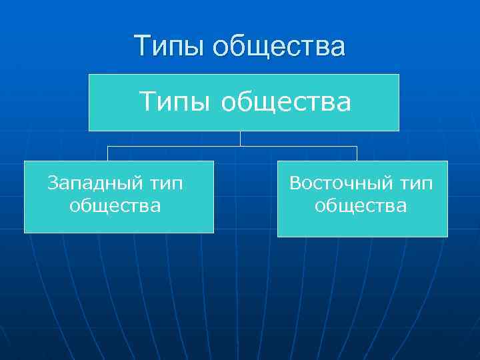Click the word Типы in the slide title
168,47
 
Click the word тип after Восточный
415,183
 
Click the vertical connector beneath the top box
241,138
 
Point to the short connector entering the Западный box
109,153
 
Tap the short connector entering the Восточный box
357,153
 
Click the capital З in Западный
53,182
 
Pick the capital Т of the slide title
141,47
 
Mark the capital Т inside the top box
146,103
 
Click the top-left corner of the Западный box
25,161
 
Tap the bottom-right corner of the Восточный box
447,237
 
